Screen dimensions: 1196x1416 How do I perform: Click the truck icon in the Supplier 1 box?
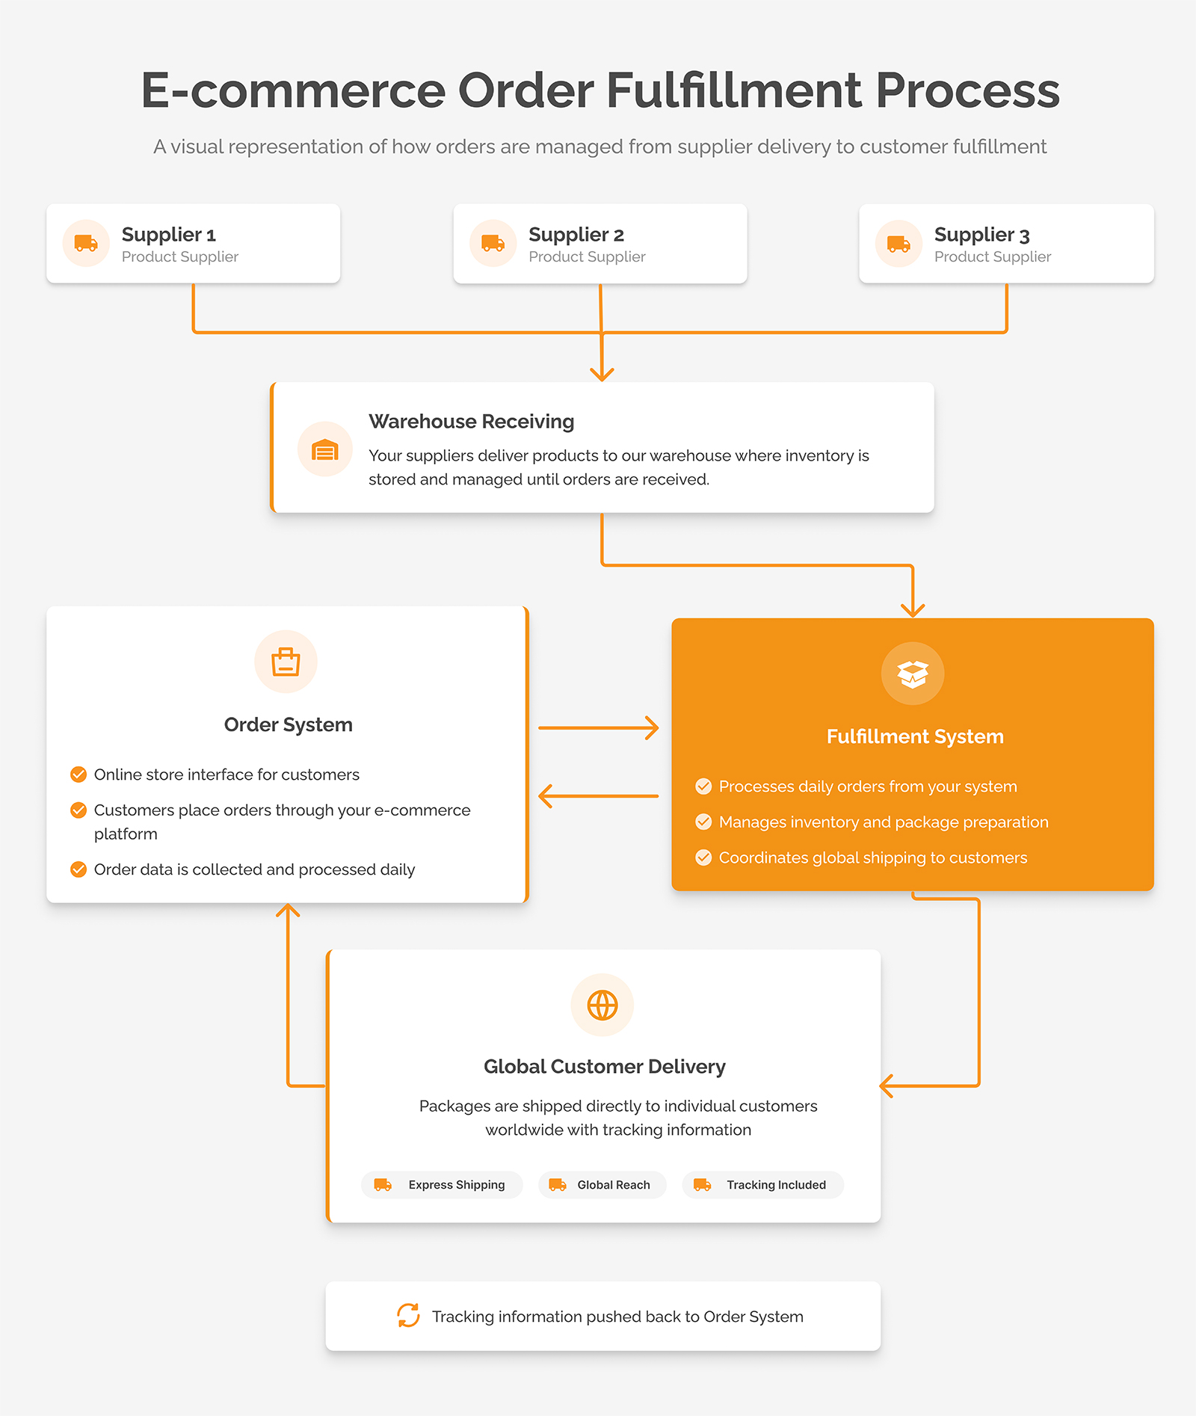(86, 243)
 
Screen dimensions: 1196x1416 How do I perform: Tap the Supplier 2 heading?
(576, 235)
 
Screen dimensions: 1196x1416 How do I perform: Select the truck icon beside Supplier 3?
(898, 243)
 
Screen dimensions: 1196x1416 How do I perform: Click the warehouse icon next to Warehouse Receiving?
(325, 450)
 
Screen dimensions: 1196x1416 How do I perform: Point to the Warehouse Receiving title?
(472, 422)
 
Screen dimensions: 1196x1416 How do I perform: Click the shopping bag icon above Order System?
(286, 662)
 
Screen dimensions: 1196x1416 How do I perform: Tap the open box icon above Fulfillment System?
(913, 674)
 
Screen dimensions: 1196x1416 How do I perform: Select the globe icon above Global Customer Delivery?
(602, 1006)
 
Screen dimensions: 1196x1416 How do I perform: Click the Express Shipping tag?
(442, 1185)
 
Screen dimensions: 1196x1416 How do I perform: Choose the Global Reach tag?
(602, 1185)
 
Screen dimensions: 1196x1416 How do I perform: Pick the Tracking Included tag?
(763, 1185)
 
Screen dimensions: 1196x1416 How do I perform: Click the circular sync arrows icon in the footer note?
(408, 1316)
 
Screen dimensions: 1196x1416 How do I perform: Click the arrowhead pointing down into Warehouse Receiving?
(602, 373)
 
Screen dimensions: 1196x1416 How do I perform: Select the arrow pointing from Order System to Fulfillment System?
(599, 727)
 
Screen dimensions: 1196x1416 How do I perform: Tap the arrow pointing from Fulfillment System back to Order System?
(599, 796)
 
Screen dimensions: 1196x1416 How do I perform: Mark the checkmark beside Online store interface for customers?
(78, 775)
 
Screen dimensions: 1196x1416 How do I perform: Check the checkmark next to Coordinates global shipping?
(703, 858)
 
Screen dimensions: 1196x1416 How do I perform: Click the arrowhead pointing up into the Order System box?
(288, 911)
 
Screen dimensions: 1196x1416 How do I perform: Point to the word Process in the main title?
(967, 90)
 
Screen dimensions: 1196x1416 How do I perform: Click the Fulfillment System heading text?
(915, 736)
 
